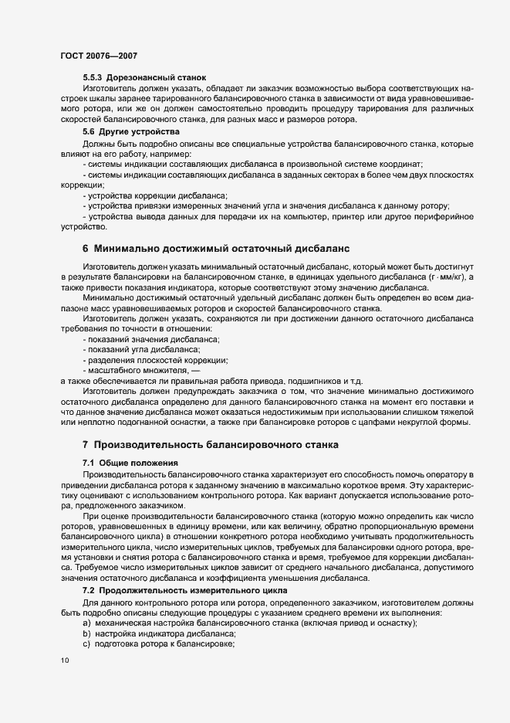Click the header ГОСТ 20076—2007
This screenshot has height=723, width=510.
[99, 56]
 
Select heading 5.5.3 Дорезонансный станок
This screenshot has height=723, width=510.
[144, 78]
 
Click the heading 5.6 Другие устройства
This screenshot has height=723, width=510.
[130, 132]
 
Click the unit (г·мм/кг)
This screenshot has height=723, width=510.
[450, 277]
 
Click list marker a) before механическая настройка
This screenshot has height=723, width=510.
[86, 623]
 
